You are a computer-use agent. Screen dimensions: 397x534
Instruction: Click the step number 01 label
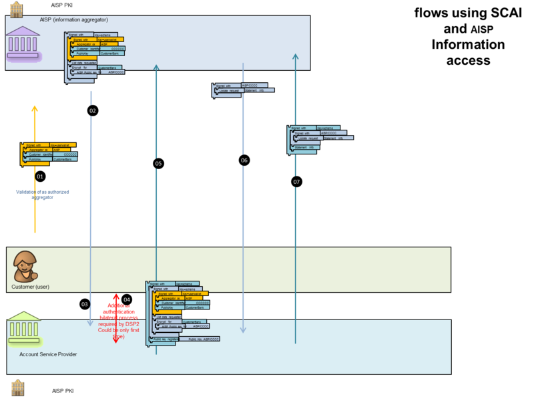tap(39, 176)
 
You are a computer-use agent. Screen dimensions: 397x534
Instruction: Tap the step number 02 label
tap(93, 110)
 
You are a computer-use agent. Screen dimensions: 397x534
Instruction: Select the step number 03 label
tap(85, 304)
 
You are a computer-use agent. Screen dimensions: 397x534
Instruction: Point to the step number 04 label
tap(127, 300)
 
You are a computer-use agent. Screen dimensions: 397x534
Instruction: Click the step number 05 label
tap(158, 163)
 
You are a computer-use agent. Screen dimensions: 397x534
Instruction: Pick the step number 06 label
tap(244, 160)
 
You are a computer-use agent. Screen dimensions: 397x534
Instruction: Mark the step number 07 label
tap(296, 182)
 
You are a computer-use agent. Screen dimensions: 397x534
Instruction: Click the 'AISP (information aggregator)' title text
tap(73, 20)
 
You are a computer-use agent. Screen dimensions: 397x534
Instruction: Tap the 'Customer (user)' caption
tap(30, 287)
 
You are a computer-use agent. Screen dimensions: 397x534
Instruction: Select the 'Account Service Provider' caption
tap(48, 354)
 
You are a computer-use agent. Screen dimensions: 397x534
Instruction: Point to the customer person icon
tap(25, 266)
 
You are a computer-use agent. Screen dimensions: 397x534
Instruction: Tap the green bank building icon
tap(25, 327)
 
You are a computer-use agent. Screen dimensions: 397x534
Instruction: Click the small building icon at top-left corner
tap(16, 9)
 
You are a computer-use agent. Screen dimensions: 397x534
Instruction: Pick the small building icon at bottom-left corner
tap(17, 386)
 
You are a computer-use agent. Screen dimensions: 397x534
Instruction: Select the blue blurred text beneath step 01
tap(43, 194)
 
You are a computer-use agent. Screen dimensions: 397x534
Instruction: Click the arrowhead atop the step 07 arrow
tap(296, 57)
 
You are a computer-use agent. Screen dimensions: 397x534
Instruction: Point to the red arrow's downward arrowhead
tap(115, 339)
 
